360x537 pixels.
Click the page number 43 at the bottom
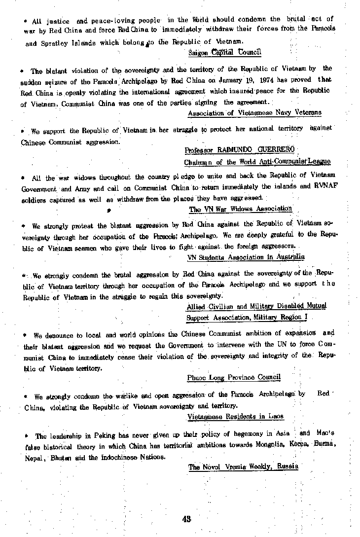pyautogui.click(x=186, y=519)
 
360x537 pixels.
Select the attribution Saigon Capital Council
pyautogui.click(x=224, y=52)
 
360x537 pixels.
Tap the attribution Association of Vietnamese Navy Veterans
pyautogui.click(x=254, y=113)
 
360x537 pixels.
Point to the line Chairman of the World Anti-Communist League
pyautogui.click(x=257, y=161)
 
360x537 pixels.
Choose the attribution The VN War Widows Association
pyautogui.click(x=241, y=209)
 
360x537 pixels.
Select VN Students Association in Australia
pyautogui.click(x=246, y=257)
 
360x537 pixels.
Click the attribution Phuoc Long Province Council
pyautogui.click(x=234, y=377)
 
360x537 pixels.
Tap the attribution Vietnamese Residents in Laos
pyautogui.click(x=235, y=417)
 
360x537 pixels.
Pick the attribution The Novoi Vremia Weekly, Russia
pyautogui.click(x=243, y=466)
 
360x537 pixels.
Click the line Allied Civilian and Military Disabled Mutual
pyautogui.click(x=256, y=306)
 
